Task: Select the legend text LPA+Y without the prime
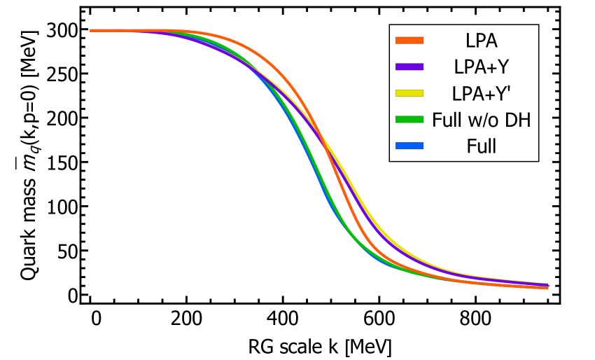[x=481, y=67]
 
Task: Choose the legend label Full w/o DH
[x=481, y=120]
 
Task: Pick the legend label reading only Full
[x=481, y=146]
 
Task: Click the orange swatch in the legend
[x=409, y=41]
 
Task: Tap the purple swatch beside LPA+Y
[x=409, y=67]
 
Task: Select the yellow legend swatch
[x=409, y=93]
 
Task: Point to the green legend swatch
[x=409, y=120]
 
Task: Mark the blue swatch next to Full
[x=409, y=146]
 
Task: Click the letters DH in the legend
[x=518, y=120]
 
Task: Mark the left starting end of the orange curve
[x=92, y=31]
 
